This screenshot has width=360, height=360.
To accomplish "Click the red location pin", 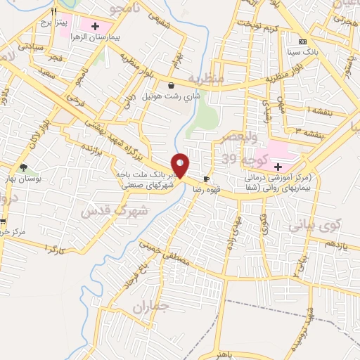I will (x=181, y=165).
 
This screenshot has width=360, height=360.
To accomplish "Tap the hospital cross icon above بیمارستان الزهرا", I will (x=105, y=25).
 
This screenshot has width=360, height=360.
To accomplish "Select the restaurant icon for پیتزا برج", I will (x=54, y=12).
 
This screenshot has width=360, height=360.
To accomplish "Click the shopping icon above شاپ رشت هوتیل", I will (x=171, y=85).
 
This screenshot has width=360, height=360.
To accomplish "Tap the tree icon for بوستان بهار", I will (x=23, y=167).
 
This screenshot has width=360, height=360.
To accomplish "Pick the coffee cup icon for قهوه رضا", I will (x=206, y=179).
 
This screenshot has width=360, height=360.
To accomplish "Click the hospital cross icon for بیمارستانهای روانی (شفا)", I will (x=278, y=167).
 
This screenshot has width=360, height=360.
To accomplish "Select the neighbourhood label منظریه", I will (x=206, y=79).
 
